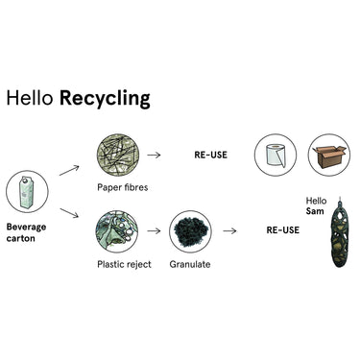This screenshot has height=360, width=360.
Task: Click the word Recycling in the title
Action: pos(105,99)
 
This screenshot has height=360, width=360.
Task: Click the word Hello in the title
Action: pos(30,98)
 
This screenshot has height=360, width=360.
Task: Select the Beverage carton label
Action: pos(26,232)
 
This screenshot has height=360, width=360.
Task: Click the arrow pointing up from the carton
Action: pos(69,170)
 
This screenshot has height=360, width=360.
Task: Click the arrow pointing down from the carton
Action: pos(69,213)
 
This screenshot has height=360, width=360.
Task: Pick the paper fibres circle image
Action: pos(118,156)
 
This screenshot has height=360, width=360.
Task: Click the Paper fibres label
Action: pos(123,187)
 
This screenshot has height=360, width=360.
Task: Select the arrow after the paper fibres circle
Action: pos(154,156)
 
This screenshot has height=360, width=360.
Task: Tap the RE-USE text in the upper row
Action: pos(211,155)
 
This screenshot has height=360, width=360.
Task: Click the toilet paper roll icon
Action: pos(276,156)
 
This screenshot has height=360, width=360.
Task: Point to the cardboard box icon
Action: pos(329,156)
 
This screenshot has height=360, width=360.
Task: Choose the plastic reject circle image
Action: pos(117,231)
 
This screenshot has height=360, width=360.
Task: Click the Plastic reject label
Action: pos(124,264)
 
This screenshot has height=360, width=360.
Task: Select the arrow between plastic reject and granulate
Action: pos(154,230)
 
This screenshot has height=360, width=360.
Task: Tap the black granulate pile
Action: pos(191,230)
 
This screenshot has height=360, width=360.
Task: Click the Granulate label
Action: pos(190,264)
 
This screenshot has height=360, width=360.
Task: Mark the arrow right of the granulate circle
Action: pos(229,230)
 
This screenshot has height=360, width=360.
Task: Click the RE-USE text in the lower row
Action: pos(283,230)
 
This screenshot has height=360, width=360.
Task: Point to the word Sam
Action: pos(315,211)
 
